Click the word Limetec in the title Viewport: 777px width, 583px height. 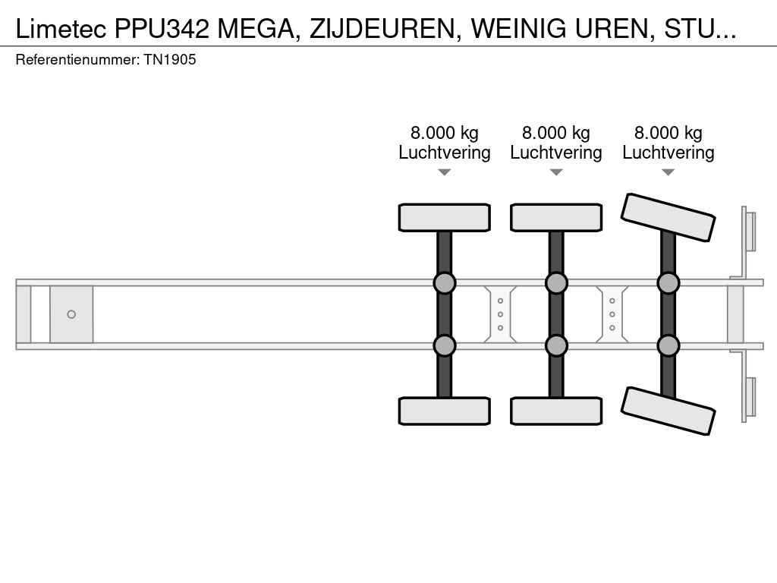click(x=61, y=30)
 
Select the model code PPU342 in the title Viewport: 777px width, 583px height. click(x=162, y=30)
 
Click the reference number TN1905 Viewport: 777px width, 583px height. click(x=170, y=59)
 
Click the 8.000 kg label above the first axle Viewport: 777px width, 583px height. click(x=445, y=133)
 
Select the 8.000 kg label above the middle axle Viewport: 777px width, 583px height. click(x=556, y=133)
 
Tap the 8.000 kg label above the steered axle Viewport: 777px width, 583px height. click(x=668, y=133)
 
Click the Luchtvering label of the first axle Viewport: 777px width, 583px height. click(x=445, y=152)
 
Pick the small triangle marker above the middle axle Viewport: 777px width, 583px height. click(x=556, y=172)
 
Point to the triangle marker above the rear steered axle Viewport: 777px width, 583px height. click(x=668, y=172)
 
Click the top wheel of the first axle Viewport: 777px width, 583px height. click(x=445, y=218)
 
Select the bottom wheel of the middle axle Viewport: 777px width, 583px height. click(x=556, y=411)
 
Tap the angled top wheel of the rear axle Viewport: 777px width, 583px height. click(x=668, y=217)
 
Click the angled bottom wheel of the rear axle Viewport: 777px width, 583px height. click(x=668, y=411)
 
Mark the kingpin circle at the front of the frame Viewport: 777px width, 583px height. click(x=71, y=314)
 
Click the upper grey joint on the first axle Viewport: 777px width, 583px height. click(x=445, y=283)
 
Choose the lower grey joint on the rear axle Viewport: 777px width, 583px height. click(x=668, y=345)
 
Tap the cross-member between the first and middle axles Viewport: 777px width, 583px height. click(x=500, y=314)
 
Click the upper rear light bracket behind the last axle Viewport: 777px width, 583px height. click(x=748, y=232)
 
